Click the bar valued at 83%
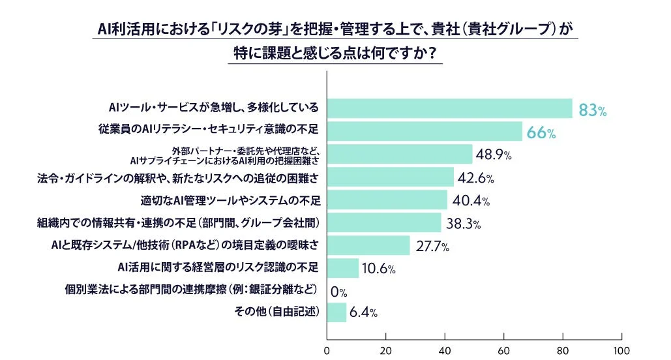pyautogui.click(x=449, y=108)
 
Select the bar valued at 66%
pyautogui.click(x=425, y=131)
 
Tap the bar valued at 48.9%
pyautogui.click(x=399, y=154)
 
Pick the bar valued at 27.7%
pyautogui.click(x=368, y=245)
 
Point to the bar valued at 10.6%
pyautogui.click(x=342, y=268)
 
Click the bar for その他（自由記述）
pyautogui.click(x=336, y=312)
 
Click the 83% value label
pyautogui.click(x=593, y=110)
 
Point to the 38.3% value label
pyautogui.click(x=464, y=224)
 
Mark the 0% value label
pyautogui.click(x=338, y=291)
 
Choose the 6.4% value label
pyautogui.click(x=363, y=313)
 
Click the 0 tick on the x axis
pyautogui.click(x=327, y=349)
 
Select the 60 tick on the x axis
pyautogui.click(x=503, y=349)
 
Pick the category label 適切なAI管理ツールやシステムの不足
pyautogui.click(x=233, y=199)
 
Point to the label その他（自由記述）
pyautogui.click(x=276, y=312)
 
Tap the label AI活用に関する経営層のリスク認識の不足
pyautogui.click(x=218, y=267)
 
